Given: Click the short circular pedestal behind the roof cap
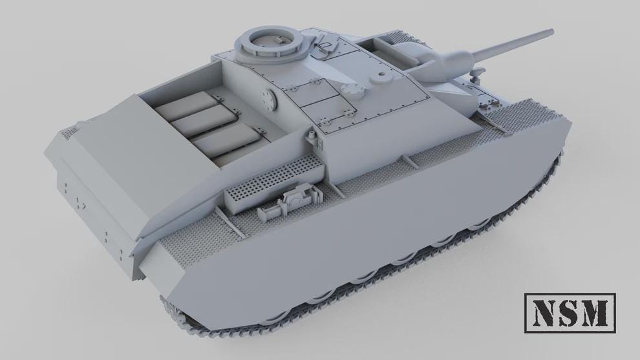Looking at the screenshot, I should pyautogui.click(x=381, y=76).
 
